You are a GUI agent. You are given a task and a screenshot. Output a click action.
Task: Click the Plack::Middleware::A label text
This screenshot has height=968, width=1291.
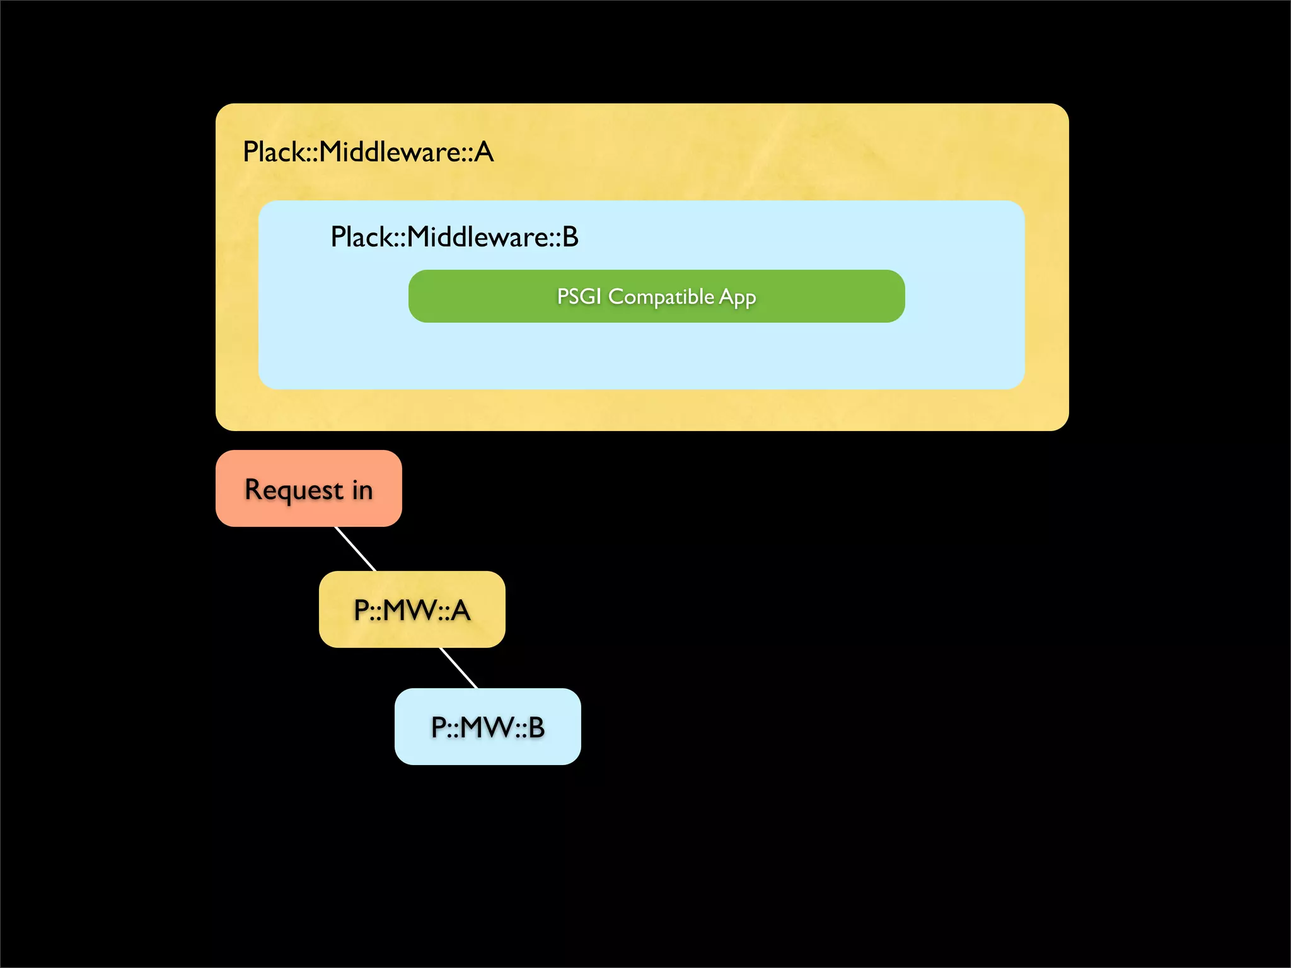368,152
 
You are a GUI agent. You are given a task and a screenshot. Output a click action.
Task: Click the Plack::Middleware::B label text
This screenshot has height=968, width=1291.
454,237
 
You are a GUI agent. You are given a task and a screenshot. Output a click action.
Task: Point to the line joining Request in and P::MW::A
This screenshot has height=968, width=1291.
356,549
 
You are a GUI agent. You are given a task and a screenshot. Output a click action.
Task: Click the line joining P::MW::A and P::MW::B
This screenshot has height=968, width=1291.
458,667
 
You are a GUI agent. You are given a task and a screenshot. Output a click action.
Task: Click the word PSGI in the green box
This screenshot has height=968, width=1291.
579,296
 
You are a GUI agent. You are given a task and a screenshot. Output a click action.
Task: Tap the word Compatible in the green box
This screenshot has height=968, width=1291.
661,296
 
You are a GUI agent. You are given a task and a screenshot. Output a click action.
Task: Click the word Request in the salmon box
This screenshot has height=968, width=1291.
294,490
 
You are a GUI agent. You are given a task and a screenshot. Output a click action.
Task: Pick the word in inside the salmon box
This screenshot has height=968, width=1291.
362,490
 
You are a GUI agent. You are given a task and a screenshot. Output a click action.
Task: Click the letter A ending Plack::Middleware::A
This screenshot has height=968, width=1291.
484,152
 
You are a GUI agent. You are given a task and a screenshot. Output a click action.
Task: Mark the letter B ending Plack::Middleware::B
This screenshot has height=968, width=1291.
570,237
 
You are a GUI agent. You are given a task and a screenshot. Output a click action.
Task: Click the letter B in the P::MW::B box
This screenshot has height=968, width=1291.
536,727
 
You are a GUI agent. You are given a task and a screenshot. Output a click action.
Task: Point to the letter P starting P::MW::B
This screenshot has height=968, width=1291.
439,727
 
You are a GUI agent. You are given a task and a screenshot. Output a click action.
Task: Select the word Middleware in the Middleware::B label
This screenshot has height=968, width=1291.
479,237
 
